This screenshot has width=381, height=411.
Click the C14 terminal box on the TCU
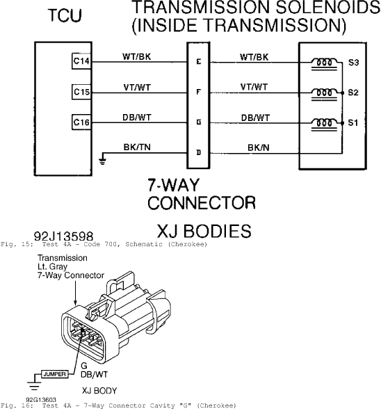click(x=81, y=61)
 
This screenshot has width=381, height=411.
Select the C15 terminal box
click(x=81, y=92)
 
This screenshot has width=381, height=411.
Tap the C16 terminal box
click(x=81, y=122)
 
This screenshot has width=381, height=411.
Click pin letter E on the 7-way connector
click(x=199, y=62)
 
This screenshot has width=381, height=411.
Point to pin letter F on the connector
click(x=199, y=92)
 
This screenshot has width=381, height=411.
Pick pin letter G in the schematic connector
click(x=199, y=122)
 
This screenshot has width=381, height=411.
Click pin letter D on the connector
click(x=199, y=152)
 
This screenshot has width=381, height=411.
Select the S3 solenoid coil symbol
click(x=325, y=64)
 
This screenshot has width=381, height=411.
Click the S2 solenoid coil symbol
click(x=325, y=94)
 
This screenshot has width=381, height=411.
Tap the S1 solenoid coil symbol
click(x=325, y=124)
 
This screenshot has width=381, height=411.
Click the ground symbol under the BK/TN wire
click(x=103, y=161)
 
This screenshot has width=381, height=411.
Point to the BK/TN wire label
click(x=137, y=147)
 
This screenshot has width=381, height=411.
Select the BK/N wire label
click(x=259, y=148)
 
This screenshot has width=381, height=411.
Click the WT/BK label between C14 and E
click(x=137, y=56)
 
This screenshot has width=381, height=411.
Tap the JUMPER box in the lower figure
click(x=55, y=374)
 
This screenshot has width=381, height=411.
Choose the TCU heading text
click(x=65, y=15)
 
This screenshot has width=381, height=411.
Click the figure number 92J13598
click(x=63, y=236)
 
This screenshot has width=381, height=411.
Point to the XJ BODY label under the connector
click(x=99, y=391)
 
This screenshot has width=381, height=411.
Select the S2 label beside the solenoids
click(x=353, y=92)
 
